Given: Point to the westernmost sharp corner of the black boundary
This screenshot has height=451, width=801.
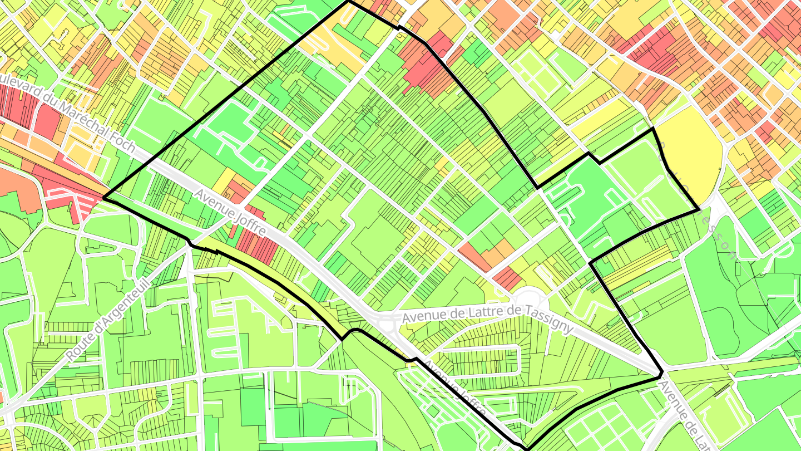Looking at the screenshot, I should (x=104, y=198).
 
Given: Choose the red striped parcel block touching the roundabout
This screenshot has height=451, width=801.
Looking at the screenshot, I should (x=507, y=278).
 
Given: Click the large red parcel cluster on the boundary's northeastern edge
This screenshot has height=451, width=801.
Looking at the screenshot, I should (x=428, y=67).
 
